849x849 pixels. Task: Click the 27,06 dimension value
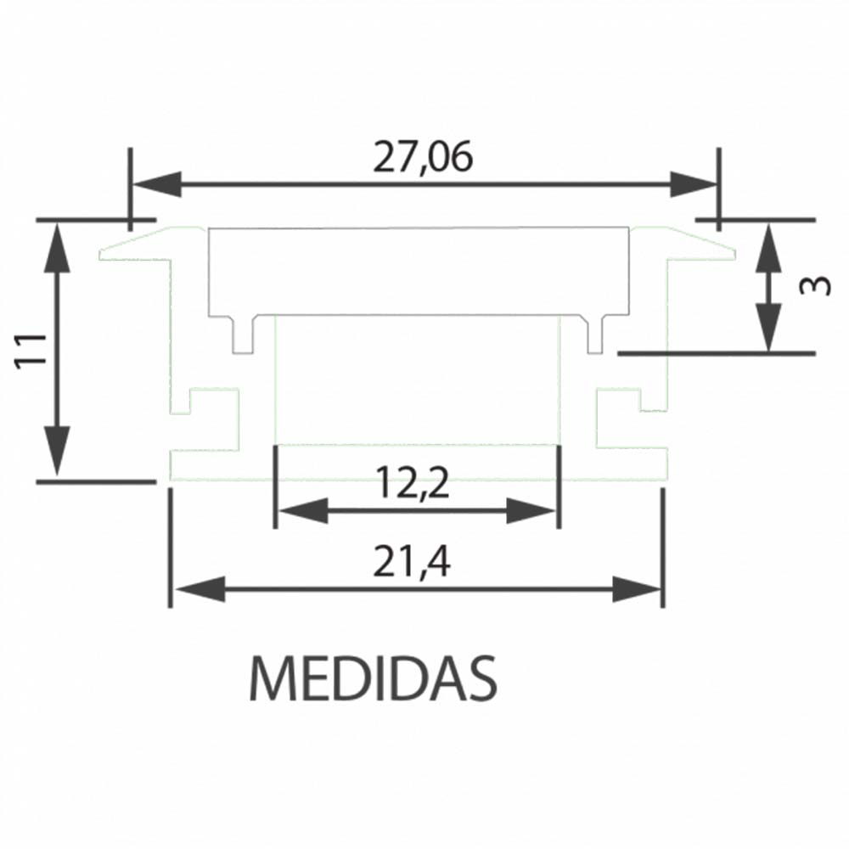coord(422,158)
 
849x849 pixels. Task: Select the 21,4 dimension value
coord(415,562)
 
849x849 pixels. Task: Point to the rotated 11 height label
coord(31,349)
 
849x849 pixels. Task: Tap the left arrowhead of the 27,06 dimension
coord(158,184)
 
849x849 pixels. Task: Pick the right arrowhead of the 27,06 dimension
coord(693,184)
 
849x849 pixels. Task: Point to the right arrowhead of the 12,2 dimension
coord(533,511)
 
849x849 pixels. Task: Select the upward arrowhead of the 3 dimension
coord(768,246)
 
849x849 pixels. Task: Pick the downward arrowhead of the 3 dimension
coord(768,328)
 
